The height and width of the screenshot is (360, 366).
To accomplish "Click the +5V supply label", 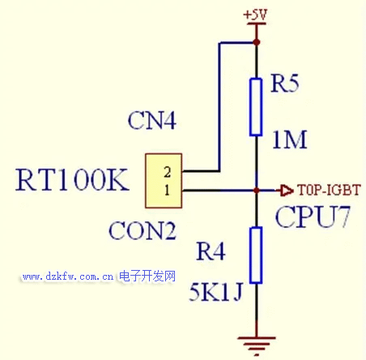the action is pyautogui.click(x=255, y=15).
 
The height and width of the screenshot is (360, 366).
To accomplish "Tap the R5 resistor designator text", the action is pyautogui.click(x=285, y=84).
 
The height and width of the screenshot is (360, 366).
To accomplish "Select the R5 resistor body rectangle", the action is pyautogui.click(x=256, y=107).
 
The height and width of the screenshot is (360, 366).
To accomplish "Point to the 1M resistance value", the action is pyautogui.click(x=290, y=139).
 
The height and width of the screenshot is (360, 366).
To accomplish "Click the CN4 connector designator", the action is pyautogui.click(x=152, y=120).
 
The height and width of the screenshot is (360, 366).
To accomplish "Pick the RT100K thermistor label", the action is pyautogui.click(x=72, y=179).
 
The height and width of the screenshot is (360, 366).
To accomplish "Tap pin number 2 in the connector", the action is pyautogui.click(x=168, y=172).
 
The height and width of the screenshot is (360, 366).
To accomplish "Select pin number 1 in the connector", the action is pyautogui.click(x=168, y=190).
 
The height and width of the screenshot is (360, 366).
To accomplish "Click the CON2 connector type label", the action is pyautogui.click(x=143, y=231).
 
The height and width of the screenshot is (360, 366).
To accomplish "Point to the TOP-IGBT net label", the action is pyautogui.click(x=329, y=190).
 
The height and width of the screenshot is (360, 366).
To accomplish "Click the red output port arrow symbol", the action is pyautogui.click(x=287, y=191).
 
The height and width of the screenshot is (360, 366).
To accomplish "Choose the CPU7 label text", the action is pyautogui.click(x=313, y=216).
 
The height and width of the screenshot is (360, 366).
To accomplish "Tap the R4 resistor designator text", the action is pyautogui.click(x=211, y=251).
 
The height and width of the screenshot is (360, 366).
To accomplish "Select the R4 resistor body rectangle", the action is pyautogui.click(x=256, y=255).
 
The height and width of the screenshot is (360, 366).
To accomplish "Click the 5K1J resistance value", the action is pyautogui.click(x=216, y=292).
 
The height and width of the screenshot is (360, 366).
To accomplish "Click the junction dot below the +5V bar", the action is pyautogui.click(x=257, y=42).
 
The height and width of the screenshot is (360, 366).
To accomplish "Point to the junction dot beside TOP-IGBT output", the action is pyautogui.click(x=257, y=191).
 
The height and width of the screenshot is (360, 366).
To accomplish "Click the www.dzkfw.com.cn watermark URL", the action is pyautogui.click(x=68, y=276).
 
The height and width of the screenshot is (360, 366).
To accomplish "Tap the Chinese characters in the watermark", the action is pyautogui.click(x=147, y=276).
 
